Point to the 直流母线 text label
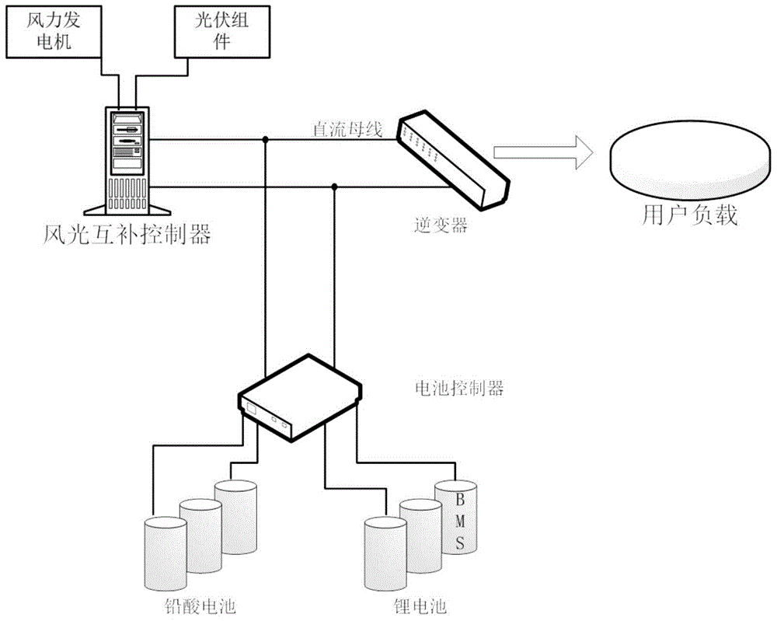pos(347,130)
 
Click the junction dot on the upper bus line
pos(266,141)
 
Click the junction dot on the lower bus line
pos(334,187)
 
